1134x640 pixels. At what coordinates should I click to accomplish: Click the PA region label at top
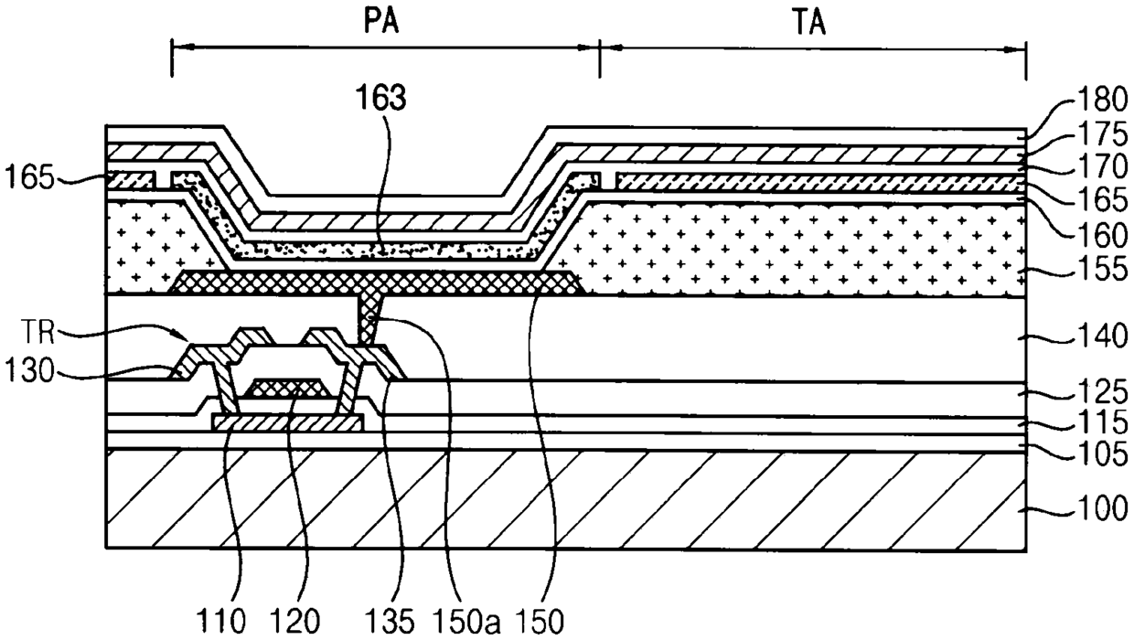(381, 22)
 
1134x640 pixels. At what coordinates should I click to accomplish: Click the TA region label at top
(809, 23)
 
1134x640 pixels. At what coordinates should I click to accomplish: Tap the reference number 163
(381, 98)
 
